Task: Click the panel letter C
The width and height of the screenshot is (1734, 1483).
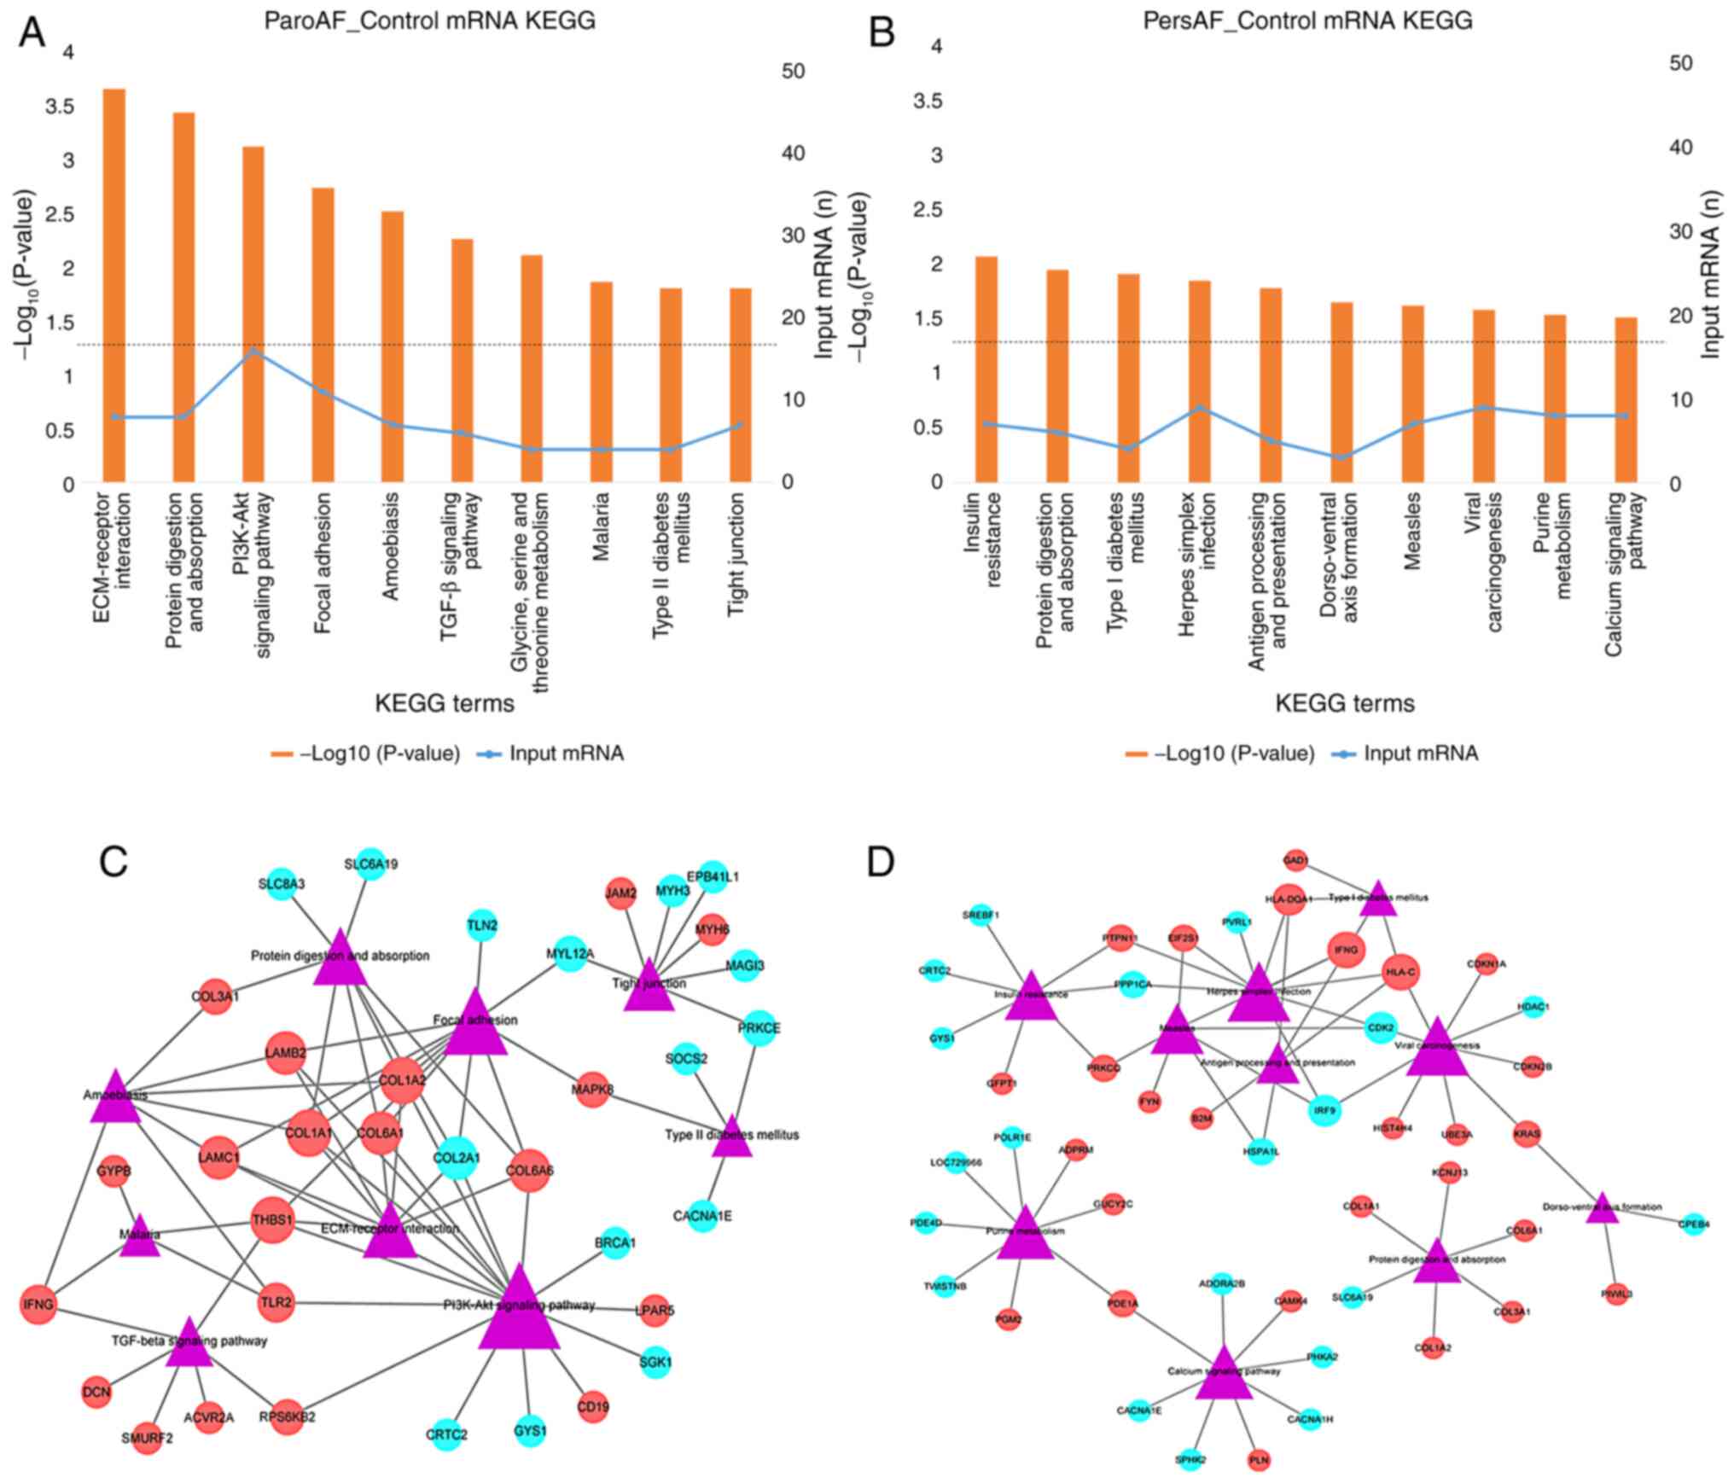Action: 113,863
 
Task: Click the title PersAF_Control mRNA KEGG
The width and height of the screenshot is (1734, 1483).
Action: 1307,21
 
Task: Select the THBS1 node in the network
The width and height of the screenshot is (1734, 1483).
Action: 272,1220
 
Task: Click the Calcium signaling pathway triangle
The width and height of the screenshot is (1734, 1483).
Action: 1224,1377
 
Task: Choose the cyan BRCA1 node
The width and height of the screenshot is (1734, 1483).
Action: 615,1243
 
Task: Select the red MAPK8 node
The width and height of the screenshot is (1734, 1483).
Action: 592,1090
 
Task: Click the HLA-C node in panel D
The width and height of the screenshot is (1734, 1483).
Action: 1400,972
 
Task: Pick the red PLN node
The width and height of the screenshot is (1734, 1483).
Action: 1259,1460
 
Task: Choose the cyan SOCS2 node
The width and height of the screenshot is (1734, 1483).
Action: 687,1059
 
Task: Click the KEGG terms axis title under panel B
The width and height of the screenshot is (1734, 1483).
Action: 1345,704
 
